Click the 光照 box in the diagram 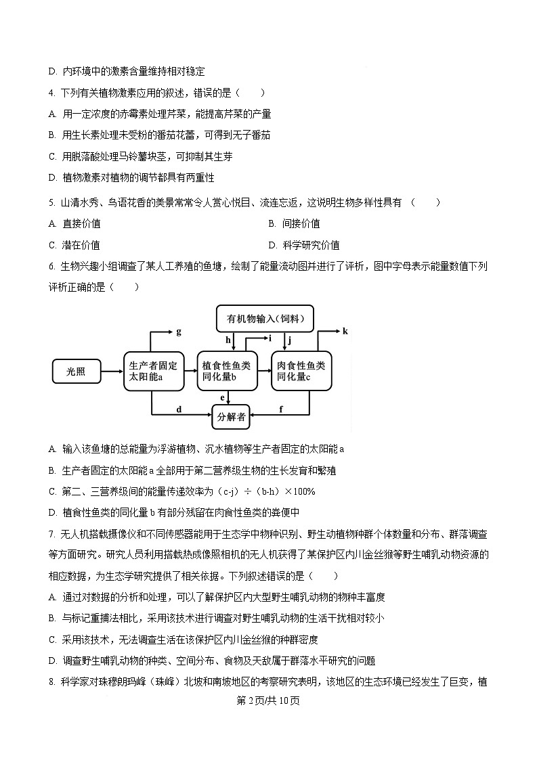tap(77, 371)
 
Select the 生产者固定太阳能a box tap(152, 371)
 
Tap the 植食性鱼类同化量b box tap(227, 371)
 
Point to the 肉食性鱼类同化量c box tap(301, 371)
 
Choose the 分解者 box tap(231, 418)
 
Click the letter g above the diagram tap(178, 332)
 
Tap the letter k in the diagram tap(345, 331)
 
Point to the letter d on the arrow tap(179, 409)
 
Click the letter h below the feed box tap(228, 340)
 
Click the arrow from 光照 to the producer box tap(112, 371)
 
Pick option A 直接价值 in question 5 tap(81, 224)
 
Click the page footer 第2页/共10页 tap(268, 700)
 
